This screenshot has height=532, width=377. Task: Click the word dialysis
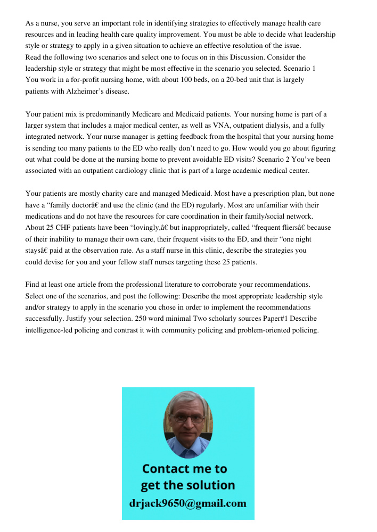tap(277, 126)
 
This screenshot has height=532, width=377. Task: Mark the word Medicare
tap(149, 114)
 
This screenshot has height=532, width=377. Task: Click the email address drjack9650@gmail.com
tap(187, 503)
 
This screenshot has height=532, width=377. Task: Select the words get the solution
tap(187, 485)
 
